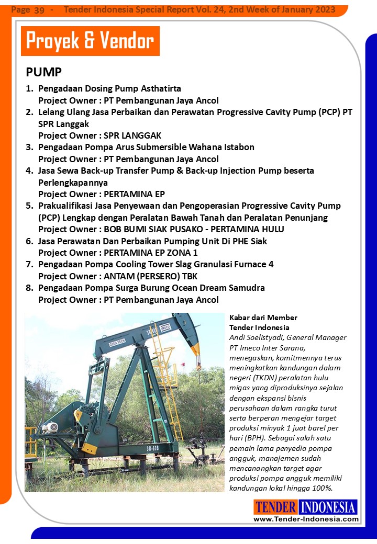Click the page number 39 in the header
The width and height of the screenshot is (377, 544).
39,10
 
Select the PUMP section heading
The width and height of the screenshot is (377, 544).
43,72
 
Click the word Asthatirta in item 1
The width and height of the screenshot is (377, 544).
160,88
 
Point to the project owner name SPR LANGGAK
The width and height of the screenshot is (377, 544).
133,135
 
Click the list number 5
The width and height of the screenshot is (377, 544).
29,206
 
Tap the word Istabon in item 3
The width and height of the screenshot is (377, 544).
237,147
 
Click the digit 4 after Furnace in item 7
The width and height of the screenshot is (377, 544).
271,264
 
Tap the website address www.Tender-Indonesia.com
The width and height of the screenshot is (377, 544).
306,519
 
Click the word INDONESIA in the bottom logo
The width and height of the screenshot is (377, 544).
328,507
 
